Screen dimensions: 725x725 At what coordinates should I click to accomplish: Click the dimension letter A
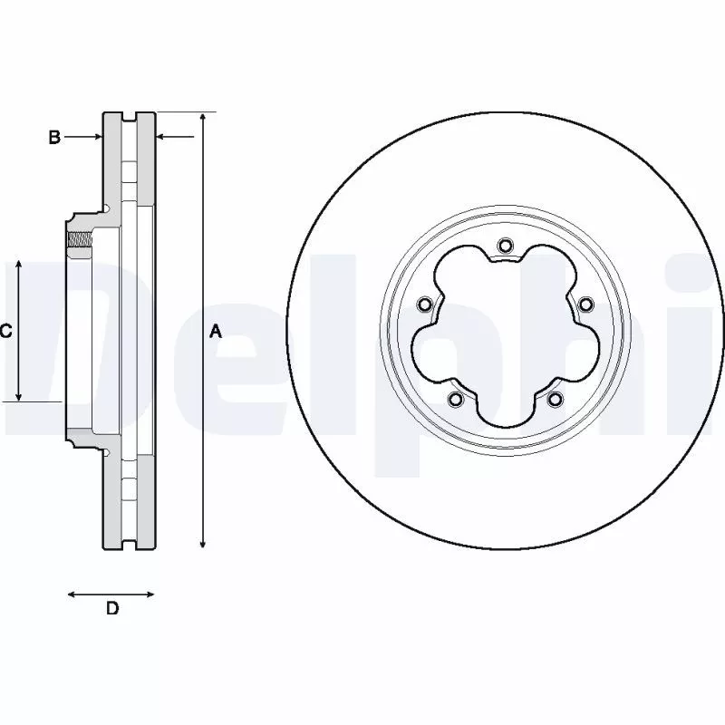click(216, 332)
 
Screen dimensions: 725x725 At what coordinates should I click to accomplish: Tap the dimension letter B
click(54, 137)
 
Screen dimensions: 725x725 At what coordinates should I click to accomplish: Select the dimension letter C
click(5, 332)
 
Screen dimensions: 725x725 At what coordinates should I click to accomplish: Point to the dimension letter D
click(111, 609)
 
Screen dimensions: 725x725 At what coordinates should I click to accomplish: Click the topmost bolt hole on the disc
click(505, 245)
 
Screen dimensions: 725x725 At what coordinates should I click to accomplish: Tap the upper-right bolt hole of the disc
click(585, 304)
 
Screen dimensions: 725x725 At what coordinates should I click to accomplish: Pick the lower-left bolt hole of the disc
click(455, 400)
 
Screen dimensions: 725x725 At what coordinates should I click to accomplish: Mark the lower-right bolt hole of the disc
click(555, 400)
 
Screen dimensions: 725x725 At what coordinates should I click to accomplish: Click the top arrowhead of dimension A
click(203, 119)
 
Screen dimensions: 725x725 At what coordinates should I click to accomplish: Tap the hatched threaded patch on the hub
click(80, 239)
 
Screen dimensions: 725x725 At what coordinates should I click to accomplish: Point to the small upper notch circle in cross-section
click(106, 210)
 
